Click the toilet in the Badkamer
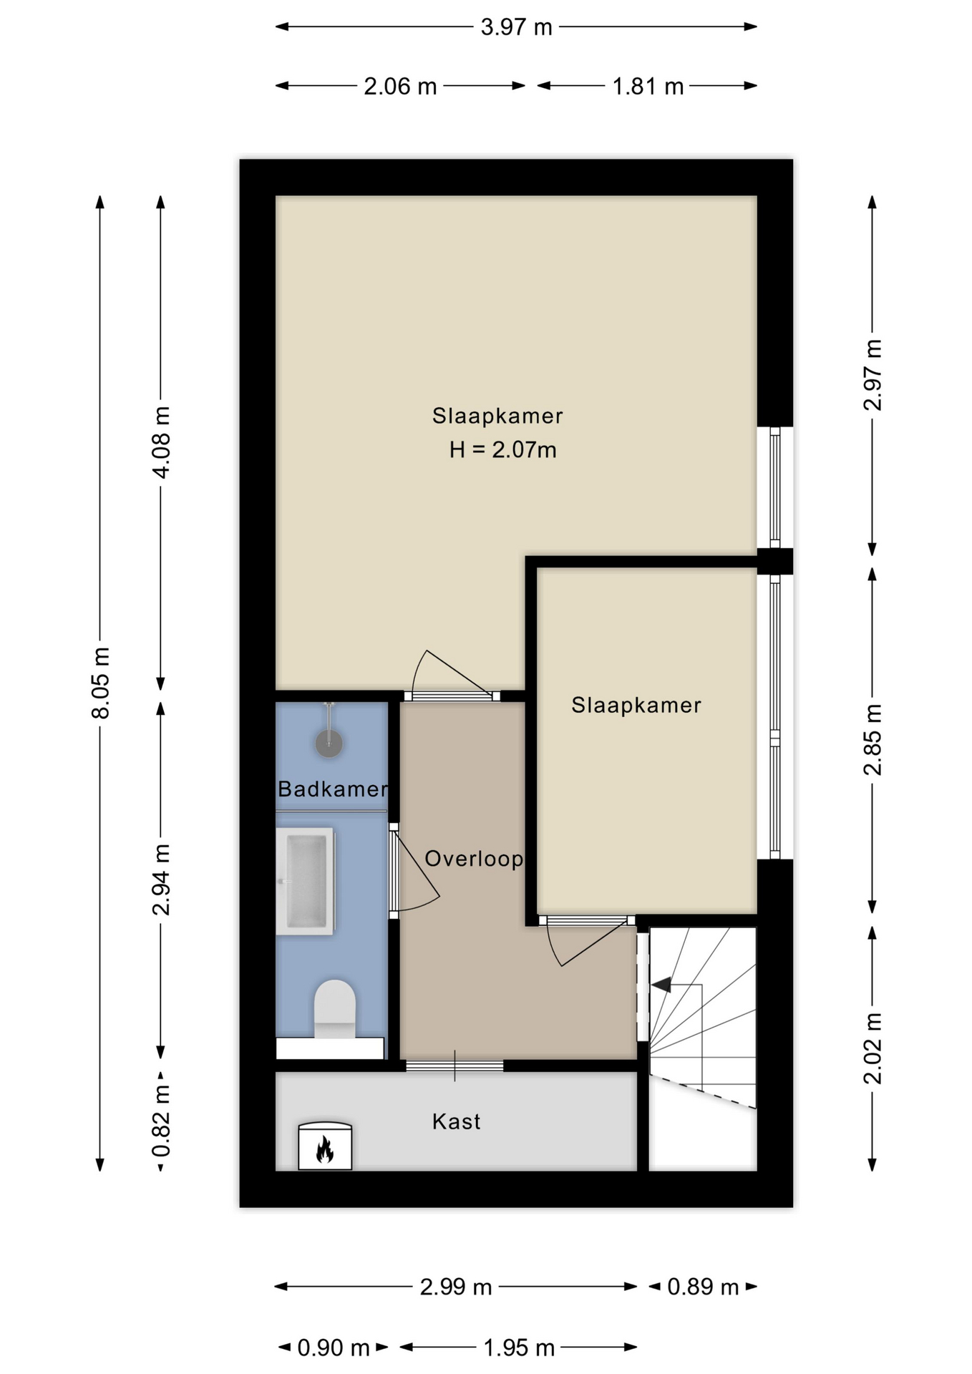pyautogui.click(x=335, y=1009)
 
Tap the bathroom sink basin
pyautogui.click(x=306, y=881)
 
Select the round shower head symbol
pyautogui.click(x=329, y=744)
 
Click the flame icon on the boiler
pyautogui.click(x=325, y=1149)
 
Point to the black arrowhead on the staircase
pyautogui.click(x=661, y=985)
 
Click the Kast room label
pyautogui.click(x=456, y=1121)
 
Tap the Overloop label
pyautogui.click(x=474, y=858)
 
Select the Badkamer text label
pyautogui.click(x=333, y=789)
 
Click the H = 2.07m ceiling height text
pyautogui.click(x=502, y=449)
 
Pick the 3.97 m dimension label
pyautogui.click(x=516, y=27)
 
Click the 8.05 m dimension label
pyautogui.click(x=100, y=683)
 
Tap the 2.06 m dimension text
pyautogui.click(x=400, y=87)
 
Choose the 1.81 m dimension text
pyautogui.click(x=648, y=87)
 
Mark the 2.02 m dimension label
pyautogui.click(x=873, y=1048)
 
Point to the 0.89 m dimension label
pyautogui.click(x=703, y=1287)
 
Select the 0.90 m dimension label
pyautogui.click(x=334, y=1348)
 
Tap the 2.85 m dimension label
pyautogui.click(x=873, y=740)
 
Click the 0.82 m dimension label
pyautogui.click(x=161, y=1121)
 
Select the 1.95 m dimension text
pyautogui.click(x=519, y=1348)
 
